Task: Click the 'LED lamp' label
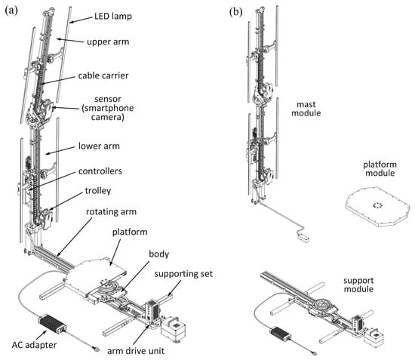113,17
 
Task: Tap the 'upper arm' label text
108,42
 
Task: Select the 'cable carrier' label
103,75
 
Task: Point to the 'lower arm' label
99,146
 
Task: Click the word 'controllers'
100,171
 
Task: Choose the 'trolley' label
98,191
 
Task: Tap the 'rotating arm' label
111,212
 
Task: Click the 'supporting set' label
183,274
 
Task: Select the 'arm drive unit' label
136,351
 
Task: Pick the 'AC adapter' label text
35,345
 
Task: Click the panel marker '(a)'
11,11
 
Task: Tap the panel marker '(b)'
236,12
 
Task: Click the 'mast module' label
306,109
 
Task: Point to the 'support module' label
358,285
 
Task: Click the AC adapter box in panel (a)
53,324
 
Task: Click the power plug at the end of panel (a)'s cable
97,349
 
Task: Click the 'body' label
158,254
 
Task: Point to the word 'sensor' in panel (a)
108,100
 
